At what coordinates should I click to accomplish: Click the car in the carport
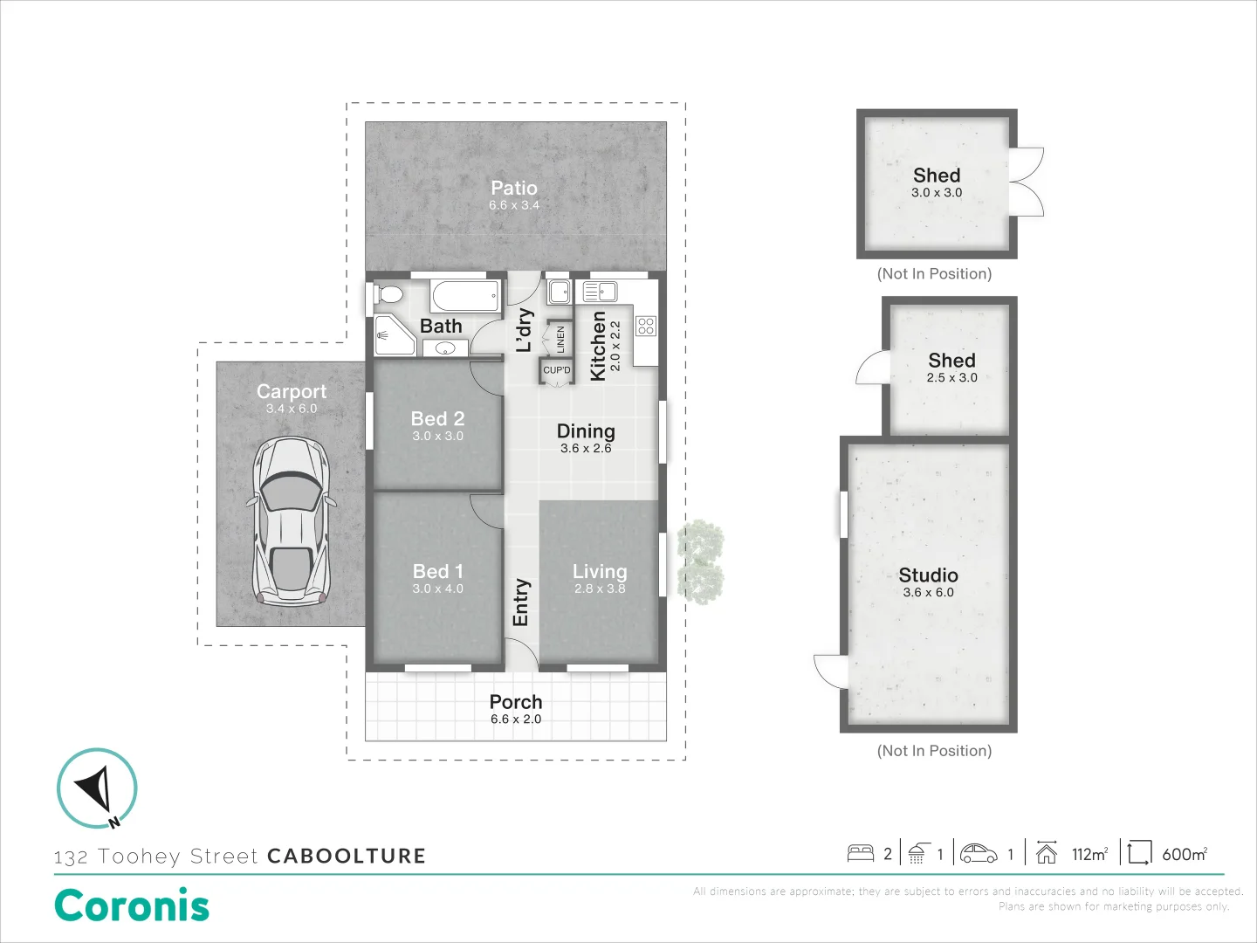click(x=291, y=522)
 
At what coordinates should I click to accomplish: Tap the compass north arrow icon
click(x=97, y=788)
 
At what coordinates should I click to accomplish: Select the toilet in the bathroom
click(x=388, y=294)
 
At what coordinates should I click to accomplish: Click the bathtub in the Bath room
click(x=466, y=295)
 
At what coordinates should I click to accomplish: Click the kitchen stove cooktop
click(x=646, y=327)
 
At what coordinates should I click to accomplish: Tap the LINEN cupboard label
click(x=560, y=340)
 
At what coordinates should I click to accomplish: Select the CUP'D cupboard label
click(x=557, y=370)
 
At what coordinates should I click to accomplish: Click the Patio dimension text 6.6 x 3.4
click(x=514, y=205)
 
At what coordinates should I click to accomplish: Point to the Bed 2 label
click(x=437, y=418)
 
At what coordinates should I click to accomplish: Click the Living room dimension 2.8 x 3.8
click(x=600, y=589)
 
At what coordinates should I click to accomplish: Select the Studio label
click(x=928, y=575)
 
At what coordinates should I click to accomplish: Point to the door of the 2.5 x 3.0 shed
click(x=873, y=368)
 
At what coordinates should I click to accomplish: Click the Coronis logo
click(x=132, y=905)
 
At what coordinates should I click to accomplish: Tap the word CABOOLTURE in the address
click(x=347, y=856)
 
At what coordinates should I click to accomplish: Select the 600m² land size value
click(x=1185, y=854)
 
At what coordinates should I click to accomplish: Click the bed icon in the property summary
click(x=861, y=853)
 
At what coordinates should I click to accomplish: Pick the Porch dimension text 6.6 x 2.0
click(x=516, y=719)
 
